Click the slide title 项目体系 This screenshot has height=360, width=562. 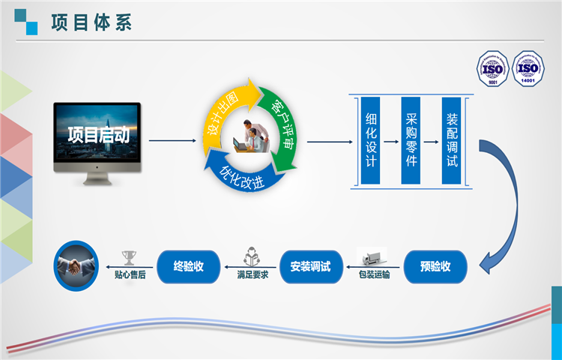tap(91, 22)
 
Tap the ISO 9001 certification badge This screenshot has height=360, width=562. tap(494, 69)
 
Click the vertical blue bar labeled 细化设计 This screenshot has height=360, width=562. tap(371, 140)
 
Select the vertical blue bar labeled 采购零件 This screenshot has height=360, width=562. tap(411, 140)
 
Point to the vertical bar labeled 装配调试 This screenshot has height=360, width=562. tap(451, 140)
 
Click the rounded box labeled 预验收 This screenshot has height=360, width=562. tap(435, 266)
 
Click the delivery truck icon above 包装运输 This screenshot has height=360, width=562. tap(372, 256)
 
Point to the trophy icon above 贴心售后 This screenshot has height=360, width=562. tap(128, 257)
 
